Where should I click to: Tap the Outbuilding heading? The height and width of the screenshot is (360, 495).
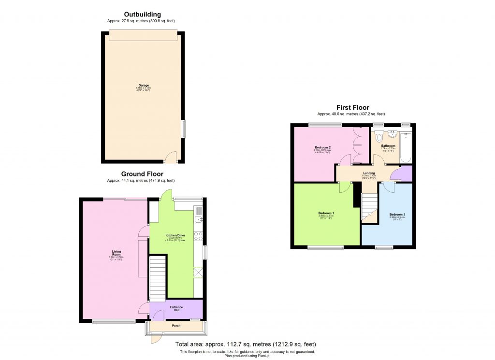142,14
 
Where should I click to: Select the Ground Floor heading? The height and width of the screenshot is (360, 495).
142,174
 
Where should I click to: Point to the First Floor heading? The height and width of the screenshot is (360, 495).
353,107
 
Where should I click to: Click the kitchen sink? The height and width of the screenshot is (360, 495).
198,220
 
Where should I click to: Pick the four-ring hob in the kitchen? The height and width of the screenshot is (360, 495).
198,236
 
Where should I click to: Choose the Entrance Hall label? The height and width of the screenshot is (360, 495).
176,308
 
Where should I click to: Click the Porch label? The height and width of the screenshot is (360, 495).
176,326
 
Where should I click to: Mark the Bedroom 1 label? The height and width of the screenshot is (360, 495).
326,213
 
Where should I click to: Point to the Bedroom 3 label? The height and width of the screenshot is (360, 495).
397,214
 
